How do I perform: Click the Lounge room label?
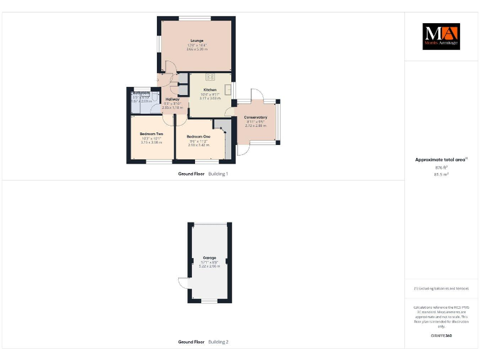[x=197, y=41]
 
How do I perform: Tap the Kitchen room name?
[x=209, y=90]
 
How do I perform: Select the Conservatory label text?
[x=256, y=117]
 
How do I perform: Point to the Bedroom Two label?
[x=151, y=134]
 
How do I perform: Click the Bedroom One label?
[x=198, y=136]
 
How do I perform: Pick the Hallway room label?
[x=172, y=99]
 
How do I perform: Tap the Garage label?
[x=209, y=257]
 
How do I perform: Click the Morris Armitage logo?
[x=441, y=36]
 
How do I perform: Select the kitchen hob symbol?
[x=209, y=77]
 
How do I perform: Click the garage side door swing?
[x=182, y=283]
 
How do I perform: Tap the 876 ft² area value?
[x=441, y=167]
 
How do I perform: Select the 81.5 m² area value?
[x=441, y=174]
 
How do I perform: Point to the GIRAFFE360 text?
[x=441, y=336]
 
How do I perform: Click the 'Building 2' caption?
[x=218, y=342]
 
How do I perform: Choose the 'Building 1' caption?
[x=218, y=174]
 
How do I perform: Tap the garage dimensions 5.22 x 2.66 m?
[x=209, y=266]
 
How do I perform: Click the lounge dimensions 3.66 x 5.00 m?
[x=197, y=49]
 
